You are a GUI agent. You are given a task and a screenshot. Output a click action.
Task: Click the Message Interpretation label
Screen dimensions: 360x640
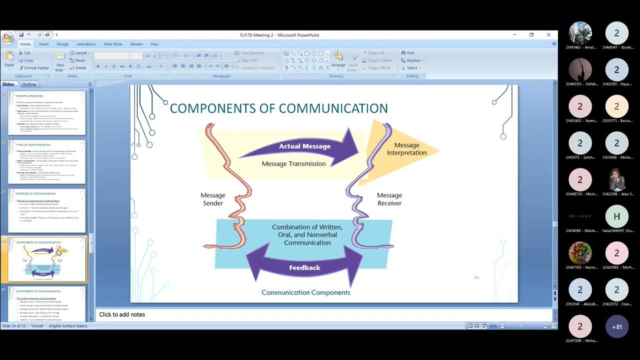(x=406, y=149)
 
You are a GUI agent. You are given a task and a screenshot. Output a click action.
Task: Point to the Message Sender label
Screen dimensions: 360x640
(x=213, y=199)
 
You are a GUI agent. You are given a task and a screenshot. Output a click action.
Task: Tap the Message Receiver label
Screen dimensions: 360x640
(x=389, y=199)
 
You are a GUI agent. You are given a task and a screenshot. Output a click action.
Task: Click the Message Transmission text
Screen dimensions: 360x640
(x=293, y=163)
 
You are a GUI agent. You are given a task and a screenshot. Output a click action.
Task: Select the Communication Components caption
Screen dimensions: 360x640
(x=305, y=292)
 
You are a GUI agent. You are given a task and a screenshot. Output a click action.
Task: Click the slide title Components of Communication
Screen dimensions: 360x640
(x=278, y=108)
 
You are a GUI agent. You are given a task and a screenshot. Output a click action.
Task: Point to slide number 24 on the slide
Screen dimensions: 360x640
(x=476, y=277)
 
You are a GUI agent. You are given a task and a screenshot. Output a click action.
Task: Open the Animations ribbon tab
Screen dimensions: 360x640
(x=86, y=44)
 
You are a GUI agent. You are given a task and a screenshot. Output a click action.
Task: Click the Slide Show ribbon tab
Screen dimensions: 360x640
(x=113, y=44)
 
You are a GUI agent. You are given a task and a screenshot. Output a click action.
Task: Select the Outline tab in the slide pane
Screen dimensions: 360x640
(x=29, y=84)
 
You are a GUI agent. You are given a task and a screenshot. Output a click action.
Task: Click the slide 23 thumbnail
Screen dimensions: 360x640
(x=46, y=210)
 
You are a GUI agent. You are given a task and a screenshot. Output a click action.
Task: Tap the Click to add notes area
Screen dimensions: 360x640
(x=122, y=314)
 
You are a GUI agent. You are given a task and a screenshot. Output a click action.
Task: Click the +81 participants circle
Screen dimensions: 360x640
(x=616, y=327)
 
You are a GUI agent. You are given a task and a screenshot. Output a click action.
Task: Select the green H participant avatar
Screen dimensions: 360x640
(x=616, y=216)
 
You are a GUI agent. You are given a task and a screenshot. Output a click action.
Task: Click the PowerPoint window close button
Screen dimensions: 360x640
(x=548, y=35)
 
